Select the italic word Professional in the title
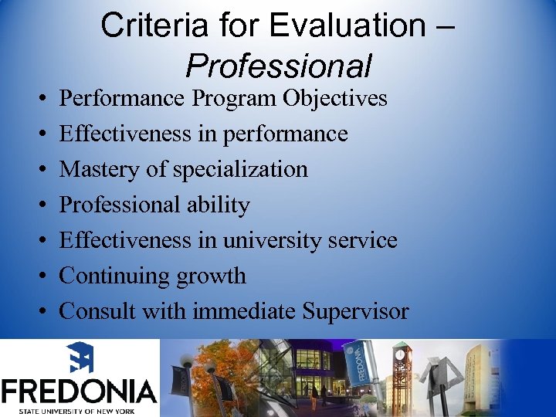278,66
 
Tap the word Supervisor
355,311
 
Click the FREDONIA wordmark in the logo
79,390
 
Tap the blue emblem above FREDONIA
79,358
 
